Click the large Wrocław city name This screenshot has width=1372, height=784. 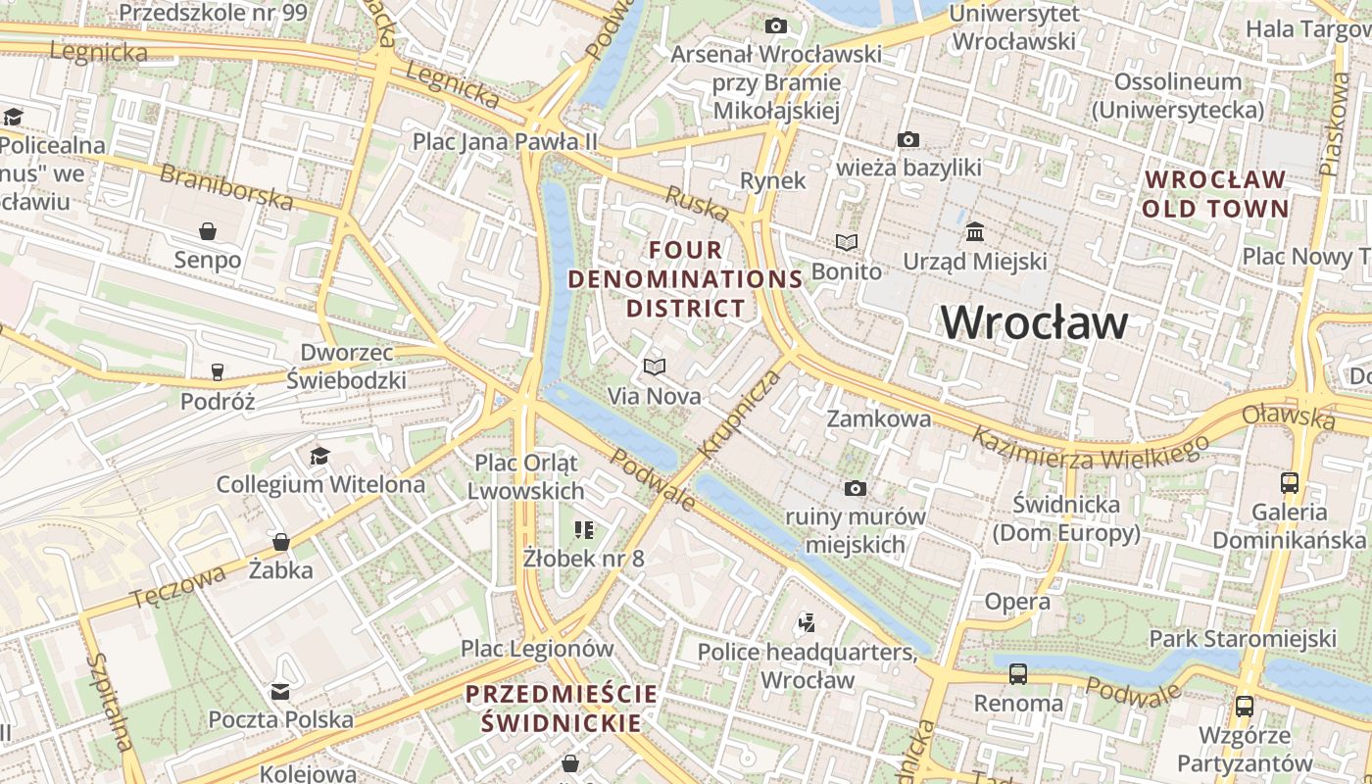[x=1035, y=322]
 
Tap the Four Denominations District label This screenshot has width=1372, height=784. [x=686, y=279]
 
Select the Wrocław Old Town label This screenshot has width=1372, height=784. [x=1215, y=194]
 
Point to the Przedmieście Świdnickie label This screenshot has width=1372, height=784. [x=562, y=709]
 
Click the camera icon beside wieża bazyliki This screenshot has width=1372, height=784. [x=908, y=139]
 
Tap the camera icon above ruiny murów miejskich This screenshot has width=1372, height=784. [x=855, y=488]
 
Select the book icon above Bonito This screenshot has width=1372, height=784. [x=846, y=242]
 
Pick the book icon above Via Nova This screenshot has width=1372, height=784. [x=654, y=367]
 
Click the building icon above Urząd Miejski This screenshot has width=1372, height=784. [x=975, y=232]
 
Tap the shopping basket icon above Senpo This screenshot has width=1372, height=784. [x=208, y=231]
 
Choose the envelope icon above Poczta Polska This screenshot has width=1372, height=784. [x=280, y=692]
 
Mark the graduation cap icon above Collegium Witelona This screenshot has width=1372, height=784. [x=319, y=456]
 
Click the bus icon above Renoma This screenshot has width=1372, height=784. [x=1018, y=674]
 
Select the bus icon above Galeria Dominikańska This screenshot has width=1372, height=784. [x=1289, y=483]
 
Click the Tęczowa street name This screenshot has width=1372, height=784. [x=177, y=584]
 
